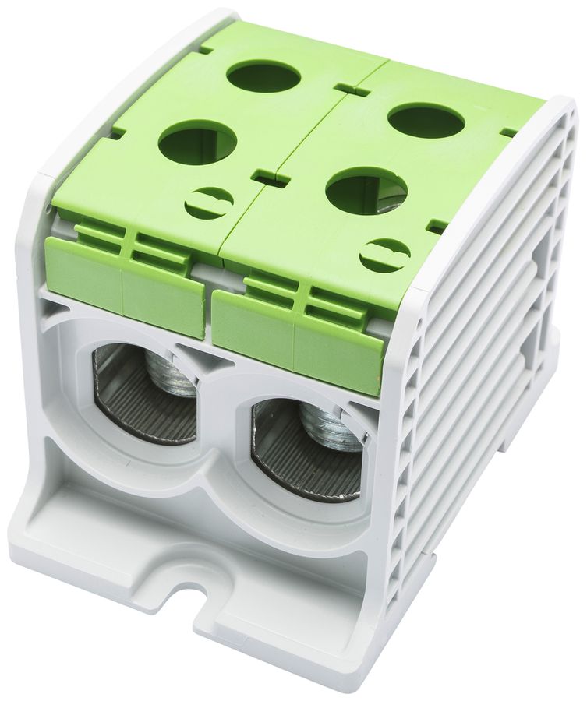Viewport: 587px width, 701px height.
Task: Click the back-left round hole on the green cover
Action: (263, 76)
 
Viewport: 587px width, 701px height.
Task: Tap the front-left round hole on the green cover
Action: (197, 142)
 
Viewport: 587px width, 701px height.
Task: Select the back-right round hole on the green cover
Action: (426, 121)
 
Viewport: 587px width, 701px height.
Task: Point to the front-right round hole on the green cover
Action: (366, 191)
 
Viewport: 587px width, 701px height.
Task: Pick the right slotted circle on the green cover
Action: (385, 255)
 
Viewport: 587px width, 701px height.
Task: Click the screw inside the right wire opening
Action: (331, 428)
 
